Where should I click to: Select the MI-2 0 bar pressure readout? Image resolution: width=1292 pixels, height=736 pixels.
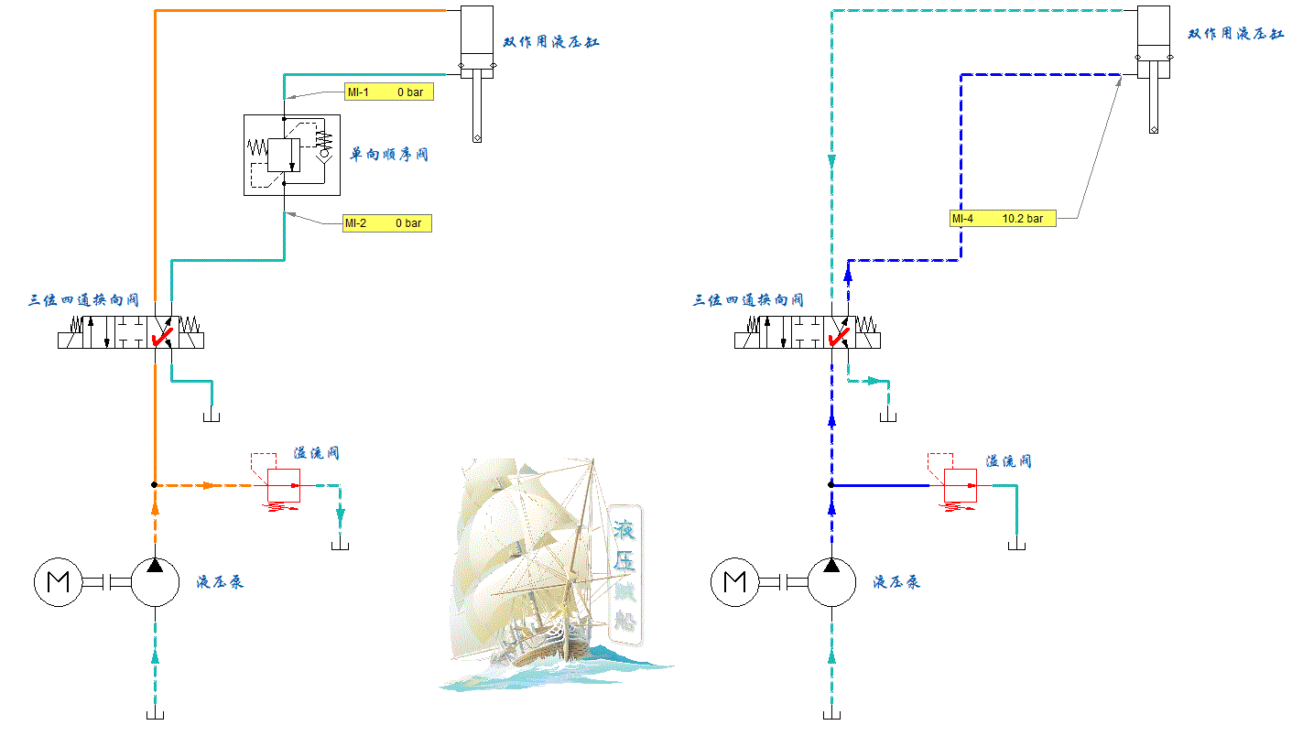386,223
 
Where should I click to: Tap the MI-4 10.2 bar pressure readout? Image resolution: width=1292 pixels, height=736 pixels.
1003,219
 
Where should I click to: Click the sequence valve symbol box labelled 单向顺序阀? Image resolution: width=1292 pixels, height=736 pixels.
291,155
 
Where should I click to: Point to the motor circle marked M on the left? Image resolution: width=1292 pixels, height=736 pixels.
59,581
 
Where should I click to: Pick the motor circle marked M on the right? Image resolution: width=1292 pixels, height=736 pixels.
735,581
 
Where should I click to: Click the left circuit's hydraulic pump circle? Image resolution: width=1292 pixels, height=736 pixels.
155,581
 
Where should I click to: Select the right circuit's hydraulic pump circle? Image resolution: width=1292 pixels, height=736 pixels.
831,581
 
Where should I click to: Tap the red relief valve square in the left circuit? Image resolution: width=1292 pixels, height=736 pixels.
284,485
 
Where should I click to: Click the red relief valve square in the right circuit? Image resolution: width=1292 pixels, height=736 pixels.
961,485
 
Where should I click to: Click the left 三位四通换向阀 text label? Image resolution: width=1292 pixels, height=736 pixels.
83,300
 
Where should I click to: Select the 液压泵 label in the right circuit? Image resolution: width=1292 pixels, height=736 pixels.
896,581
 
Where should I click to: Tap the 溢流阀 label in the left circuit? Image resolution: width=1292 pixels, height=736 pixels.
317,453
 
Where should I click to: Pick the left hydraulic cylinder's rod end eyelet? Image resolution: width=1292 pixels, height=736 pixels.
477,138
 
